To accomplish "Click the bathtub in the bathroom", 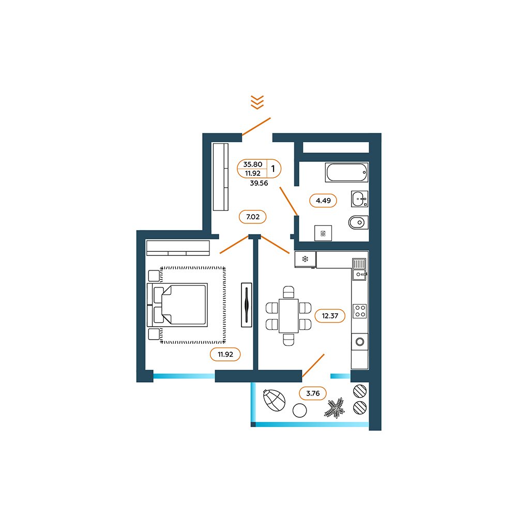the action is coord(346,172).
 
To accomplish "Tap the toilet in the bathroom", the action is coord(358,222).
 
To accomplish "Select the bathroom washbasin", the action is coord(359,199).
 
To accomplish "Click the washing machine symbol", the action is coord(323,234).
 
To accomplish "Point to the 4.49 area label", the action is coord(323,201).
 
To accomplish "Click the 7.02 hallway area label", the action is coord(253,217).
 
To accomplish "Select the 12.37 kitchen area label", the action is coord(330,316).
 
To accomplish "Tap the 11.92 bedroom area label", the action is coord(225,355).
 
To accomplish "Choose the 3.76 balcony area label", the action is coord(313,393).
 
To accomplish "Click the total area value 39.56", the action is coord(259,184).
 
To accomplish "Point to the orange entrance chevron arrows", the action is coord(257,102).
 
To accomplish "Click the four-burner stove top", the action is coord(360,311).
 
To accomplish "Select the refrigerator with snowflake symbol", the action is coord(306,259).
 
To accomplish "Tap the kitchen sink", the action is coord(359,269).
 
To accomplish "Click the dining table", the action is coord(288,316).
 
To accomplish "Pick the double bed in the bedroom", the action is coord(177,305).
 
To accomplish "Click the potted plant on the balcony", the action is coord(334,407).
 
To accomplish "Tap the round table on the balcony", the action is coord(300,410).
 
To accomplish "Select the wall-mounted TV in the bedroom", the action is coord(246,305).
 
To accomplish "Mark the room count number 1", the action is coord(273,169).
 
